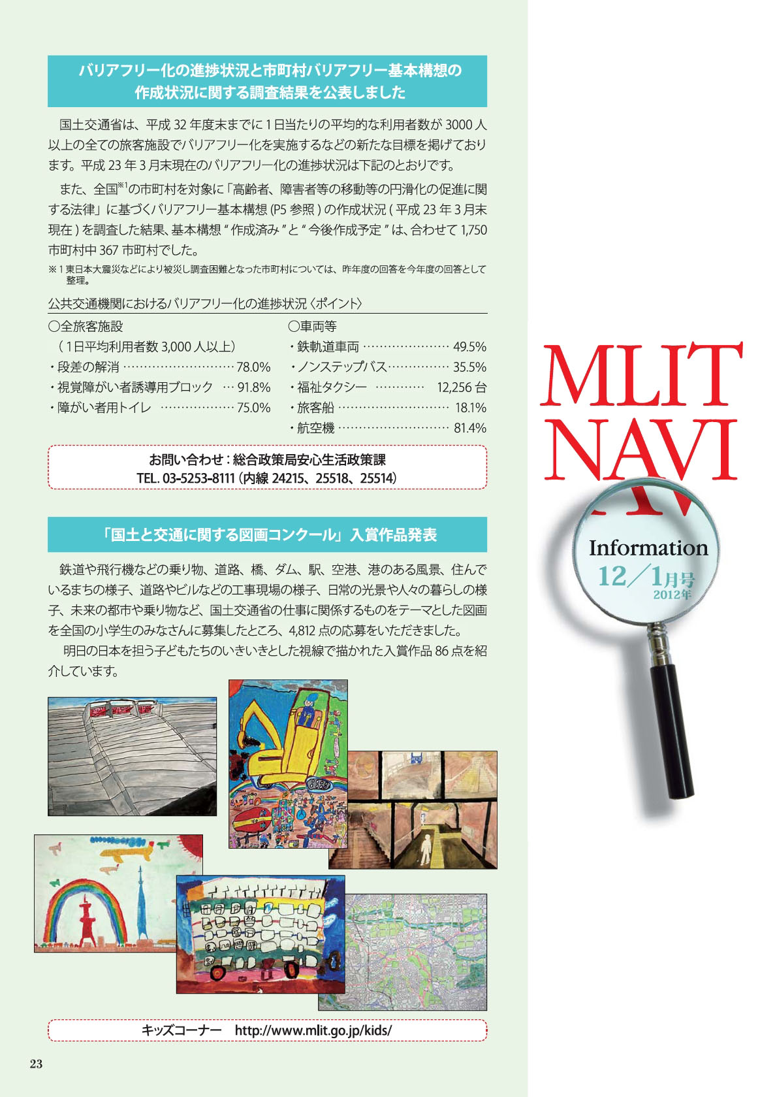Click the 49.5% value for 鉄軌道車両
click(469, 347)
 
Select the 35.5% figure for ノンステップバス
click(469, 367)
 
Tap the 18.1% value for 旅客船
click(470, 408)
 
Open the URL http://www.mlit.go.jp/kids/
click(313, 1030)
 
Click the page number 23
click(36, 1064)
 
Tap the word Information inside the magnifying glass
click(648, 548)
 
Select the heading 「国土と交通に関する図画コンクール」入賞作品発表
click(267, 535)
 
